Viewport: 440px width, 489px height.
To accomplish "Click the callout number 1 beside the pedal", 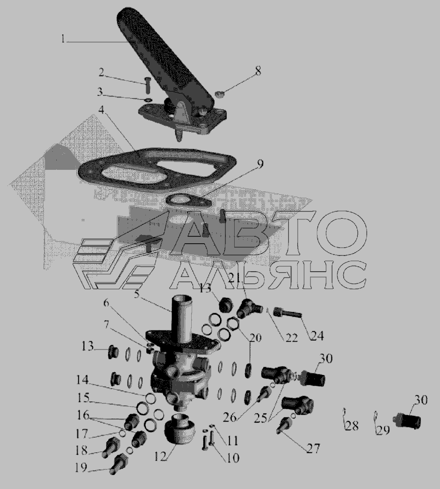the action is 63,40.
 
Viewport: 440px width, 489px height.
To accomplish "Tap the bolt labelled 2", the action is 148,85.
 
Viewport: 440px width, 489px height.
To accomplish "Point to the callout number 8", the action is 258,71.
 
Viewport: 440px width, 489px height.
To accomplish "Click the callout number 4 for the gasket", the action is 102,110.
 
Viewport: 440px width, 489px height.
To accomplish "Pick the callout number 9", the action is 260,163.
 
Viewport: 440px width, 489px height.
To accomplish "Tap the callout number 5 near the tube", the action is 137,294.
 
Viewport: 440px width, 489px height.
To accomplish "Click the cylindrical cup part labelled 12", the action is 179,430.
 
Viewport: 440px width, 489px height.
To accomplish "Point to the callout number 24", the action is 317,336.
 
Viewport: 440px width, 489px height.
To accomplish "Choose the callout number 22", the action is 291,338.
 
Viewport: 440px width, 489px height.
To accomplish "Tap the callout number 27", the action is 313,449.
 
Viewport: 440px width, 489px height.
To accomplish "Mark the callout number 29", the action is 383,430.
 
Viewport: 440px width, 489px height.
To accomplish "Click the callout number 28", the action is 352,426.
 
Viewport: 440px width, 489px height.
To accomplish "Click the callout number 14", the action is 83,380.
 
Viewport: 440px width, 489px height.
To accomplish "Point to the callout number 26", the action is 230,417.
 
